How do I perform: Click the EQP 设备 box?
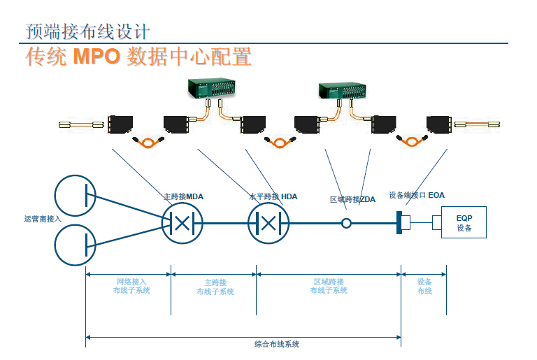click(x=464, y=223)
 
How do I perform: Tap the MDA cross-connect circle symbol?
click(x=182, y=223)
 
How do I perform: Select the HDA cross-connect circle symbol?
click(x=269, y=223)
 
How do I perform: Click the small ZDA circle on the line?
click(x=345, y=224)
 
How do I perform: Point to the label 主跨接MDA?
click(x=183, y=196)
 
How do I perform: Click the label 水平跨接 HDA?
click(x=273, y=196)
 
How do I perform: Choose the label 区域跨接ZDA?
click(x=352, y=199)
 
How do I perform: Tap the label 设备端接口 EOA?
click(x=417, y=195)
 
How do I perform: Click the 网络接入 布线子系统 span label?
click(x=131, y=285)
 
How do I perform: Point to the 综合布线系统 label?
click(x=277, y=344)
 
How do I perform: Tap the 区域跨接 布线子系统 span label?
click(x=329, y=285)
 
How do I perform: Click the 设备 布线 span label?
click(x=424, y=286)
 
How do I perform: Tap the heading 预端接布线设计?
click(x=87, y=31)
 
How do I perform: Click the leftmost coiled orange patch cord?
click(x=148, y=143)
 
